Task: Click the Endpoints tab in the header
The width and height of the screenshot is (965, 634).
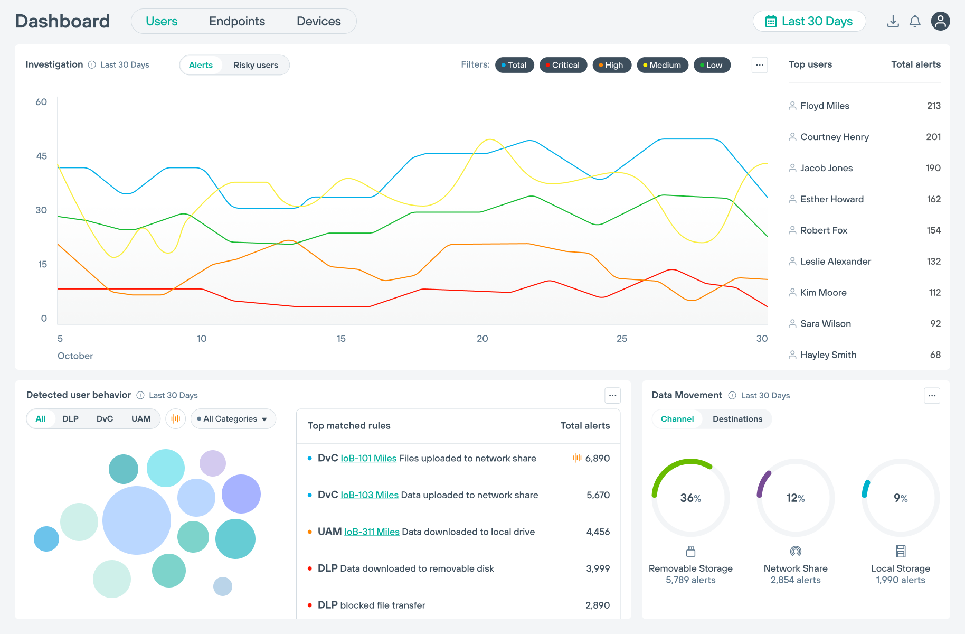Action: (x=237, y=21)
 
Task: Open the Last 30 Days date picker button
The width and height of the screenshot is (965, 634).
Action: (x=809, y=21)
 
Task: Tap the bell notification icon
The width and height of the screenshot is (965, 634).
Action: (x=915, y=21)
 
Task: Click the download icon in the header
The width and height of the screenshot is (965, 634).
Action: (x=893, y=21)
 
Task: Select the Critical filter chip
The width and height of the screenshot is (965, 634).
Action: (x=563, y=65)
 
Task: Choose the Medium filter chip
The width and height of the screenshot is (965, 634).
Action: (x=662, y=65)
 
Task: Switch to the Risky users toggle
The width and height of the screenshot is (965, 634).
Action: (x=256, y=65)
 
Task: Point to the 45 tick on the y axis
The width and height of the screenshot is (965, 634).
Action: (x=42, y=156)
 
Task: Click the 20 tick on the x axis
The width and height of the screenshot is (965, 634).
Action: (x=482, y=339)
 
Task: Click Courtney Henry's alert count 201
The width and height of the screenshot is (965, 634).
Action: (x=933, y=137)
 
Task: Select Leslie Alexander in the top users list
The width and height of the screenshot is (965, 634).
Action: (x=835, y=262)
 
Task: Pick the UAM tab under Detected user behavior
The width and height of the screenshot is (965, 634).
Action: (x=141, y=419)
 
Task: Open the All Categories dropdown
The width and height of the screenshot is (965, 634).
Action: (x=233, y=419)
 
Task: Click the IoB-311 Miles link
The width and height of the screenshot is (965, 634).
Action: (x=372, y=532)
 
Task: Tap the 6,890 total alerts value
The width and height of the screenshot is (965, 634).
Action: (x=597, y=458)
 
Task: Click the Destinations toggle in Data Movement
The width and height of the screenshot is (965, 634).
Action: (x=737, y=419)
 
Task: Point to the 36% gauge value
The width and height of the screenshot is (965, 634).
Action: (x=690, y=498)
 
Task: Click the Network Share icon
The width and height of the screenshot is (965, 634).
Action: (x=796, y=552)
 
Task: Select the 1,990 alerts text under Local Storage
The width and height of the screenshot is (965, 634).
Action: (x=900, y=580)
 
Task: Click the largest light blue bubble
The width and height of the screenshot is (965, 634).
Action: (x=137, y=520)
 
